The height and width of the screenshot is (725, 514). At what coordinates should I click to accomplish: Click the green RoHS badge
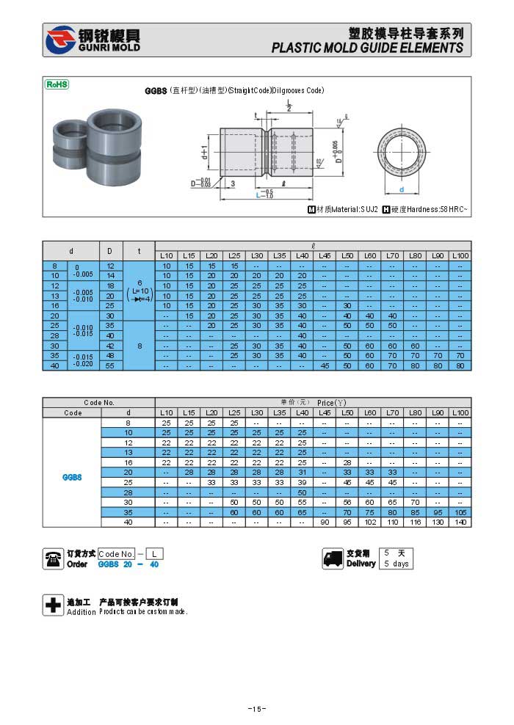point(57,84)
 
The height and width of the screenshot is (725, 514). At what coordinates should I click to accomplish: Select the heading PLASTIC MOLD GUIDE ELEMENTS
point(367,48)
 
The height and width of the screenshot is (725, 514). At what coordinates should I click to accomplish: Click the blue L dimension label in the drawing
point(260,195)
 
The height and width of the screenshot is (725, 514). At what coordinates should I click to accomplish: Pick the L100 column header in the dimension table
point(460,255)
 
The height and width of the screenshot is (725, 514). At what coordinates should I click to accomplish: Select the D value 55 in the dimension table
point(110,365)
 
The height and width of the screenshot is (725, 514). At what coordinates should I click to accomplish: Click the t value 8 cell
point(139,345)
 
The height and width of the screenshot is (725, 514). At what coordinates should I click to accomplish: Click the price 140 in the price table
point(460,522)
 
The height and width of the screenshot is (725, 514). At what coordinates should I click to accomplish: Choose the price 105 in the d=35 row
point(460,512)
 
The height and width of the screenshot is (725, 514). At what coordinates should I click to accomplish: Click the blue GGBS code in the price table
point(72,477)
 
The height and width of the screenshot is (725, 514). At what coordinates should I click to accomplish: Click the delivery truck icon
point(333,559)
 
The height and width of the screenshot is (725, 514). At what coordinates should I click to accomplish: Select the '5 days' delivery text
point(396,564)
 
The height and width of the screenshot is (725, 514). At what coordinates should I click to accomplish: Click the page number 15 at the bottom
point(256,709)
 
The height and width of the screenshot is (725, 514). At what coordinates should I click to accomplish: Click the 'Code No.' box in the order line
point(116,554)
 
